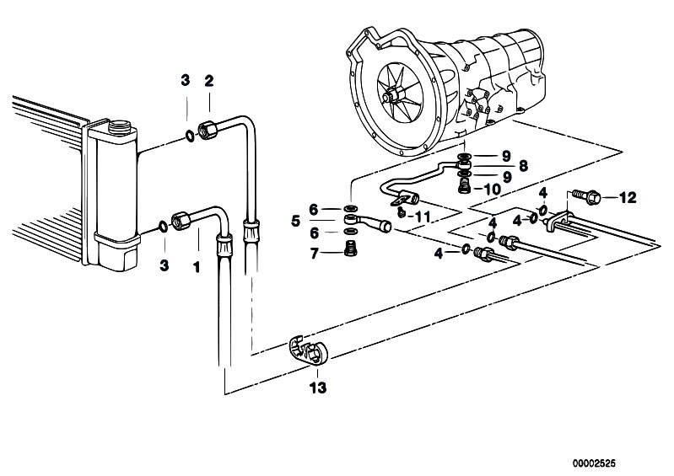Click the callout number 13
[318, 388]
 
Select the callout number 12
[627, 197]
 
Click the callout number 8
[523, 166]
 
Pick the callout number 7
[314, 254]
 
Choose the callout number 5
[295, 222]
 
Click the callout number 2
[209, 81]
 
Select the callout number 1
[197, 267]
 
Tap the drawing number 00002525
[594, 463]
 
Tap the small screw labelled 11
[402, 212]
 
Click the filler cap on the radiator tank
[119, 126]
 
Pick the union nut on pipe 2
[208, 130]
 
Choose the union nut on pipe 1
[181, 220]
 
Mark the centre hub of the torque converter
[393, 95]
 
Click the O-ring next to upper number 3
[190, 136]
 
